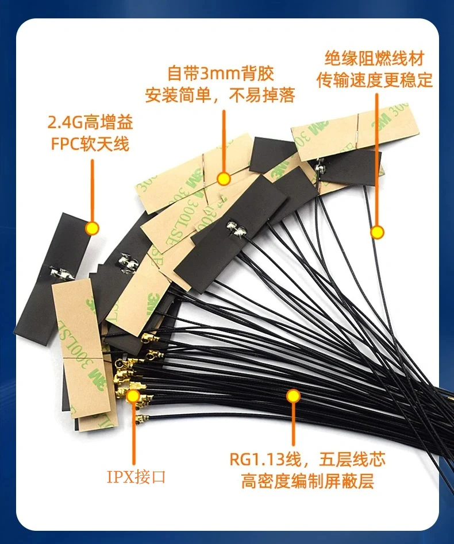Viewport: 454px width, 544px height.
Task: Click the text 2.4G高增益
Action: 89,122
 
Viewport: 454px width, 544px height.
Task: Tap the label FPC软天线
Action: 89,142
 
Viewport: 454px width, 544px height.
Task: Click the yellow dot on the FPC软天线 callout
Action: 92,228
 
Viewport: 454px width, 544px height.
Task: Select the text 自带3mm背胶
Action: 221,74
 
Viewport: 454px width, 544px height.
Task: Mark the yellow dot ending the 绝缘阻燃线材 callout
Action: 377,232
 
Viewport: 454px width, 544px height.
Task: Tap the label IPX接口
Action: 136,476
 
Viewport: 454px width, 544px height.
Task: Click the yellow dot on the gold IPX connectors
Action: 133,395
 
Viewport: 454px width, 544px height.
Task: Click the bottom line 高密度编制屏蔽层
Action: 308,480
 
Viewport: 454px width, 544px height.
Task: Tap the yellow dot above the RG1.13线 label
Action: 293,396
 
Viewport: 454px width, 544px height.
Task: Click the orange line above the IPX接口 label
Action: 133,431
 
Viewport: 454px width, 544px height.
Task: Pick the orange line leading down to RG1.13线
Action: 293,425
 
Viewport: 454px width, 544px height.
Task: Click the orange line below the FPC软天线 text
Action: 92,190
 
